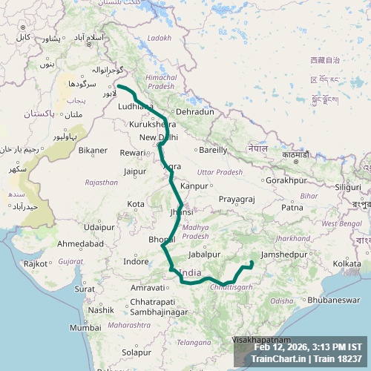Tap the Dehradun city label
coord(195,112)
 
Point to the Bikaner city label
coord(93,151)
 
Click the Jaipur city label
coord(134,171)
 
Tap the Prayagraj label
coord(237,200)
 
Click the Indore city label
coord(136,262)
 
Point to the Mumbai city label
coord(85,327)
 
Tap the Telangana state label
coord(194,342)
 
